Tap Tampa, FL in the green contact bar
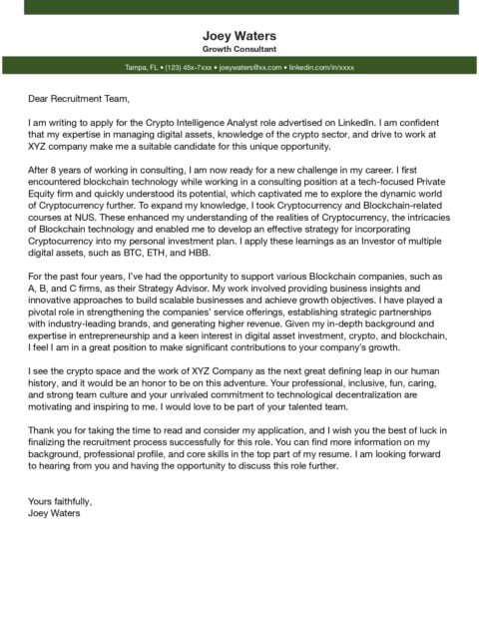(x=142, y=67)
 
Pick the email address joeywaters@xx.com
(x=250, y=67)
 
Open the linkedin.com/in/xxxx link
(x=320, y=67)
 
